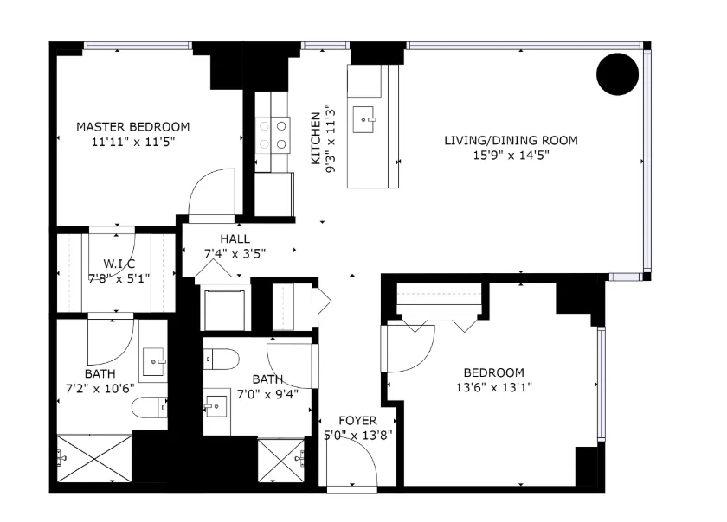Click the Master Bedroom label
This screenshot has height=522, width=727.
pos(133,127)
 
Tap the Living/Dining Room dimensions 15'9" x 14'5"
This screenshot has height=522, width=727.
pos(511,156)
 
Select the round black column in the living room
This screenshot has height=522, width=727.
pos(618,74)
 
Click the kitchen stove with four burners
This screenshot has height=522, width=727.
pos(273,135)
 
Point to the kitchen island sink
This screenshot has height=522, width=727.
pos(364,119)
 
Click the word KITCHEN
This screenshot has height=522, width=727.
pos(316,138)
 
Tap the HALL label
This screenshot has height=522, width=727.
pos(235,239)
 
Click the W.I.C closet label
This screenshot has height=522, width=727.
pos(119,264)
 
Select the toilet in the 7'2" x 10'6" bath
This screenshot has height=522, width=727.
pos(150,408)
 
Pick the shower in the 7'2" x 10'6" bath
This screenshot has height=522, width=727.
pos(94,458)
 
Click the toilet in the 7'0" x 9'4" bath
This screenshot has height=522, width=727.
pos(222,359)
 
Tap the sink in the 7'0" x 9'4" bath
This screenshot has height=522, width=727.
pos(216,408)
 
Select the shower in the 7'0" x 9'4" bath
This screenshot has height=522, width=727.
pos(281,460)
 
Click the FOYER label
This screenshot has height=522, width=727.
pos(357,421)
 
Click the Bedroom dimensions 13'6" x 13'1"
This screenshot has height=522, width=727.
pos(494,387)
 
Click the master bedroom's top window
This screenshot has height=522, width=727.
pos(138,46)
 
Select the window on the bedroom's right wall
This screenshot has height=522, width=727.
pos(601,384)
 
